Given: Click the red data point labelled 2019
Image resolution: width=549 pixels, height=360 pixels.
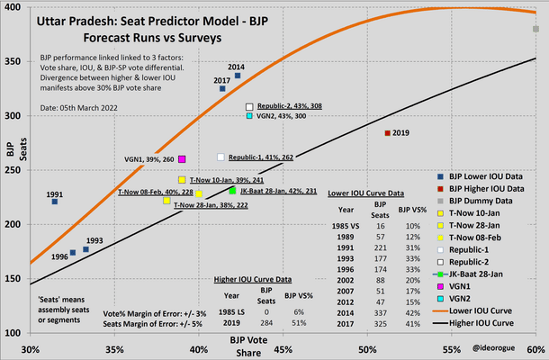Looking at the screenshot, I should tap(387, 132).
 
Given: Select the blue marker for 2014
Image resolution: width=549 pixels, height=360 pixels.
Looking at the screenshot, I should tap(238, 76).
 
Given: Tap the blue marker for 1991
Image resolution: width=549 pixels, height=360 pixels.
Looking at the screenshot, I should tap(54, 202).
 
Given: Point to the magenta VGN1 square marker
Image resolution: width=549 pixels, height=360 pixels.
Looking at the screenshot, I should tap(182, 159).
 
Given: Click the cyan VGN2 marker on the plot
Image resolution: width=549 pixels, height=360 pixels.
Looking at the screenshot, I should tap(249, 116).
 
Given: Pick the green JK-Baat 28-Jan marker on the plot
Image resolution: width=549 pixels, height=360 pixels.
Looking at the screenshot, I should tap(232, 190).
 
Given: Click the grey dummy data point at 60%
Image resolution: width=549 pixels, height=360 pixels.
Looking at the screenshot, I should tap(535, 29).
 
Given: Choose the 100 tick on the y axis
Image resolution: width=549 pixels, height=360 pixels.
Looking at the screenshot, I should tap(19, 333).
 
